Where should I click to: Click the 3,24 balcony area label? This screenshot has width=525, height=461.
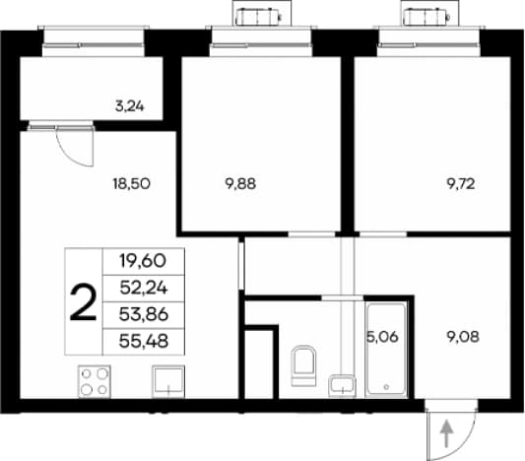click(130, 106)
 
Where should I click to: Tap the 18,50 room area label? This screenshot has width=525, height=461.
click(132, 184)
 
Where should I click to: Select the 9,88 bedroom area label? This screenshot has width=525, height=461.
click(240, 184)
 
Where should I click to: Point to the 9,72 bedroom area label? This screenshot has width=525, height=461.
click(461, 184)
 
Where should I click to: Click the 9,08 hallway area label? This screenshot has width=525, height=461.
click(463, 337)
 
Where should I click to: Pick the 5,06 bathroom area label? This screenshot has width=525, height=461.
click(383, 337)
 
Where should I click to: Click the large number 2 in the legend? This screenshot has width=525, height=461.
click(83, 302)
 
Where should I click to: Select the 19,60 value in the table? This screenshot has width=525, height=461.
click(143, 261)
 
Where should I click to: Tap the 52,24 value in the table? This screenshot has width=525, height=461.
click(144, 288)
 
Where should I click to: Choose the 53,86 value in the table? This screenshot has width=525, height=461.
click(144, 314)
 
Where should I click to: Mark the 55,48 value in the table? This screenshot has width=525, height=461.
click(144, 342)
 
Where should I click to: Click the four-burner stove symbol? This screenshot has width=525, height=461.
click(95, 381)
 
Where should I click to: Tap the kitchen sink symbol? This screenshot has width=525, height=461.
click(168, 381)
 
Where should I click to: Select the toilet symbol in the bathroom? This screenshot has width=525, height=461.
click(303, 365)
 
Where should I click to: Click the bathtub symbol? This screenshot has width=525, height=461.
click(386, 350)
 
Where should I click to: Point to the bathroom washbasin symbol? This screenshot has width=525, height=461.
click(342, 386)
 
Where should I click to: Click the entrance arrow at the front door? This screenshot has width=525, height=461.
click(446, 433)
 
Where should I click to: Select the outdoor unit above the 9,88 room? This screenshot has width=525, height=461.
click(258, 17)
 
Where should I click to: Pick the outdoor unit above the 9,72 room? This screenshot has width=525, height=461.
click(426, 17)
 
